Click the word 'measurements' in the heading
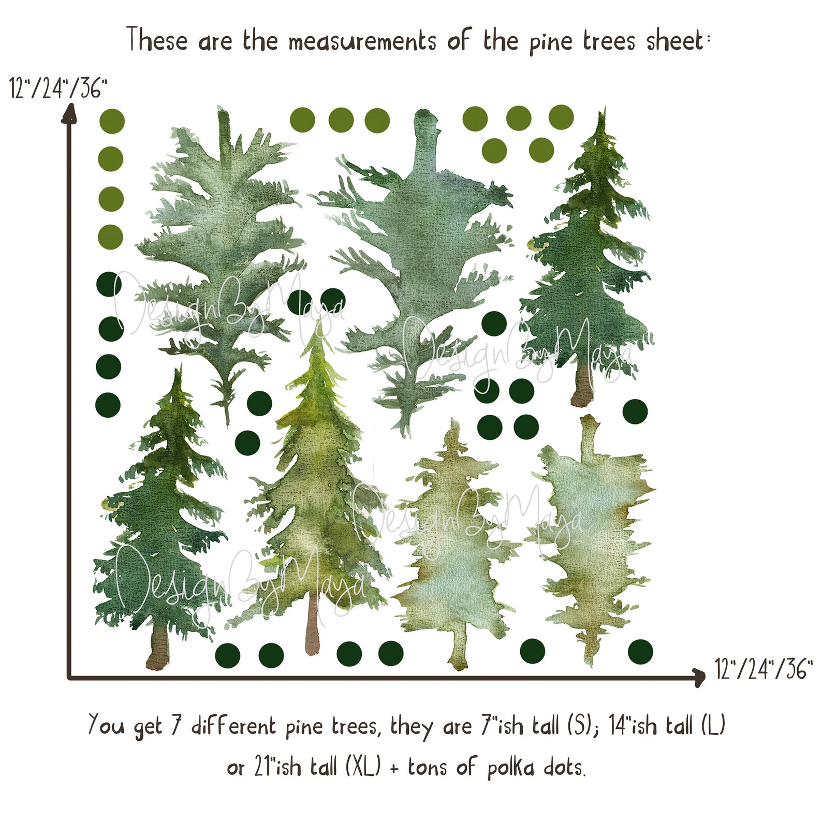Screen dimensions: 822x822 tap(362, 41)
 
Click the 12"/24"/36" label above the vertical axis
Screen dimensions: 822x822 tap(58, 89)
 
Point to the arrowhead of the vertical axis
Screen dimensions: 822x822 tap(69, 113)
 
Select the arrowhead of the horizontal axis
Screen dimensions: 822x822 tap(700, 677)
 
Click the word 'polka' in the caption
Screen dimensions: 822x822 tap(510, 767)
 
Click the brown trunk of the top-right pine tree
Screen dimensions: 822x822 tap(583, 386)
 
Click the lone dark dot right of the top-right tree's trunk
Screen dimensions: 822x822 tap(635, 412)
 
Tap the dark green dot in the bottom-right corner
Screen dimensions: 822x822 tap(640, 651)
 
